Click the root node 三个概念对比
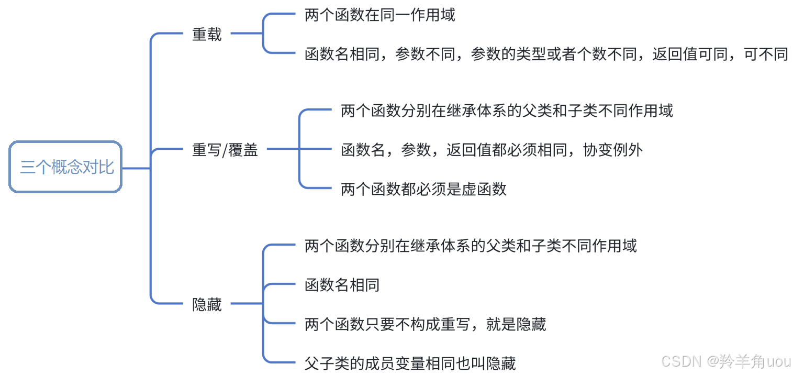(66, 167)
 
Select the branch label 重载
(207, 35)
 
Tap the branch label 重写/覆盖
(225, 150)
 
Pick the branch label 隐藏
(207, 304)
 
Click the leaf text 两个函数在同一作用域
(380, 15)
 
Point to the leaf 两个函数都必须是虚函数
(423, 189)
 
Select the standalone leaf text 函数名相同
(342, 285)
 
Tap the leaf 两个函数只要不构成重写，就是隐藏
(425, 324)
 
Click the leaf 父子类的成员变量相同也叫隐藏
(410, 363)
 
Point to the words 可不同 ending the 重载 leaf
(766, 54)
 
